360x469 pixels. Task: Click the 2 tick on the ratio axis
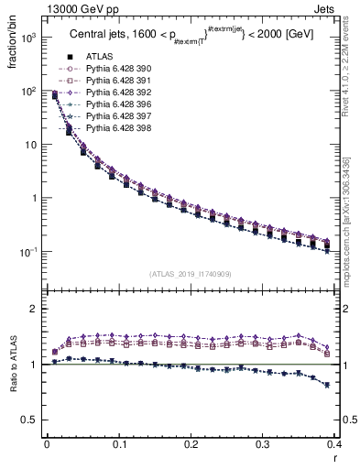click(34, 309)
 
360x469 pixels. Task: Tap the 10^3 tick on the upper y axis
click(28, 38)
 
